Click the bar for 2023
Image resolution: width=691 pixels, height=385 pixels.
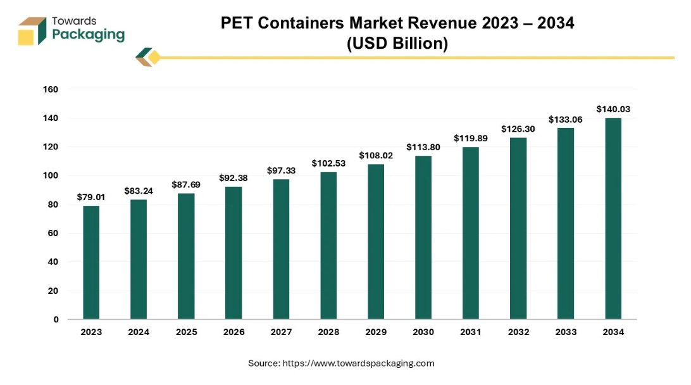(x=91, y=262)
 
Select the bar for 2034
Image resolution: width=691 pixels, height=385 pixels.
(x=613, y=218)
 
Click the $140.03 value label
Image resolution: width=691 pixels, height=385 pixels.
(x=613, y=109)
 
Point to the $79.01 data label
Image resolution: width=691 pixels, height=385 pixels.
(x=91, y=197)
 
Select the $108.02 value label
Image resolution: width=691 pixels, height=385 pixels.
(x=376, y=155)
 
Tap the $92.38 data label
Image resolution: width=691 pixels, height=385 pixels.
(x=233, y=178)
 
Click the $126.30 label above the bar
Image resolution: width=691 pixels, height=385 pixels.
(x=518, y=129)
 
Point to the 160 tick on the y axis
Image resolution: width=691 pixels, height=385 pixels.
(x=51, y=90)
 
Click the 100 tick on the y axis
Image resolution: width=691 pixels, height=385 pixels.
(x=51, y=176)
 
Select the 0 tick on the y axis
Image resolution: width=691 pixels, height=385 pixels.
(x=56, y=320)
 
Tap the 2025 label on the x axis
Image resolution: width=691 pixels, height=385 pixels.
(x=186, y=332)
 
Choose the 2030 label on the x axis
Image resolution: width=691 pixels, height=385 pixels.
(x=423, y=332)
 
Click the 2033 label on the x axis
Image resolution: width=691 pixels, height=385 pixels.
(x=565, y=332)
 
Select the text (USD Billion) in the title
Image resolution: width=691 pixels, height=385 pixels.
(x=397, y=44)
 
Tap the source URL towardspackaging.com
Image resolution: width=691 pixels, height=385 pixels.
(x=358, y=363)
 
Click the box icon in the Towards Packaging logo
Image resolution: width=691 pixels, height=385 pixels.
(x=32, y=31)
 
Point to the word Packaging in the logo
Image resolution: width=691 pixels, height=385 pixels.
(x=88, y=35)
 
